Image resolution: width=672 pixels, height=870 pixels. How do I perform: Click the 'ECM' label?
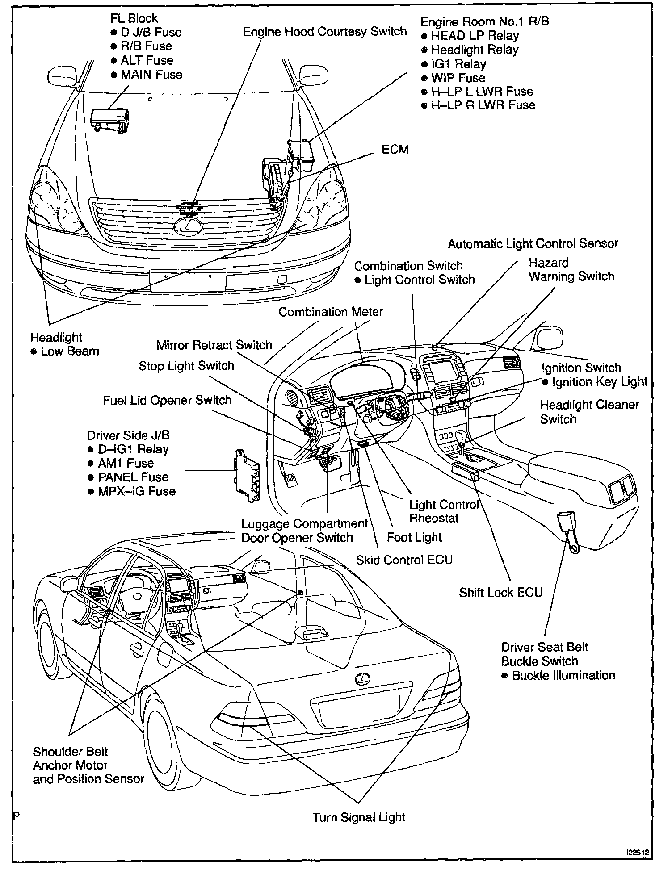(395, 149)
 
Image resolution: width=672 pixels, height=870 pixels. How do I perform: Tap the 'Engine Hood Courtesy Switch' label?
(325, 32)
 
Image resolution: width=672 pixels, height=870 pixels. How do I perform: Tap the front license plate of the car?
(188, 280)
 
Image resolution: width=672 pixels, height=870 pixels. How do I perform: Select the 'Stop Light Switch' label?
(186, 366)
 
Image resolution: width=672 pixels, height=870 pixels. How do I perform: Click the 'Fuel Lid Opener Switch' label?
(167, 400)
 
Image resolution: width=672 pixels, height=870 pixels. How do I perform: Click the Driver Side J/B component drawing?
(248, 475)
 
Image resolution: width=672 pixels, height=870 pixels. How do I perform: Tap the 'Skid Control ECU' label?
(404, 560)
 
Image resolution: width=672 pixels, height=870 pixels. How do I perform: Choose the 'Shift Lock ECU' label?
(500, 592)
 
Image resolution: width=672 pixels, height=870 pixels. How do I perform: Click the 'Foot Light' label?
(414, 537)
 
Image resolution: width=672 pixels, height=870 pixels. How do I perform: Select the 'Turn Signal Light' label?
(359, 817)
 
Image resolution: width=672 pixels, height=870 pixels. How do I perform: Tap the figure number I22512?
(640, 853)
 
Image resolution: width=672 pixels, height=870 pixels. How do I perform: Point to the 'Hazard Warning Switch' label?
(571, 269)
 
